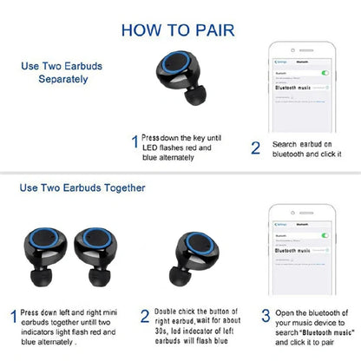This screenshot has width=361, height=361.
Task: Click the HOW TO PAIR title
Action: [x=180, y=30]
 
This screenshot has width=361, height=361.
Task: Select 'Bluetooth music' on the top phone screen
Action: [x=293, y=88]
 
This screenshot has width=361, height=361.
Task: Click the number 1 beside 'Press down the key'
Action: [x=135, y=141]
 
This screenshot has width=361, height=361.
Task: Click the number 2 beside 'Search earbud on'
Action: [x=255, y=148]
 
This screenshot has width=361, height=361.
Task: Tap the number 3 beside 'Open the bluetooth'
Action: [x=265, y=314]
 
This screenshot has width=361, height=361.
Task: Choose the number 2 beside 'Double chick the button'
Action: [x=145, y=316]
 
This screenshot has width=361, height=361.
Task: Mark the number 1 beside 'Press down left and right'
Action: [x=12, y=316]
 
